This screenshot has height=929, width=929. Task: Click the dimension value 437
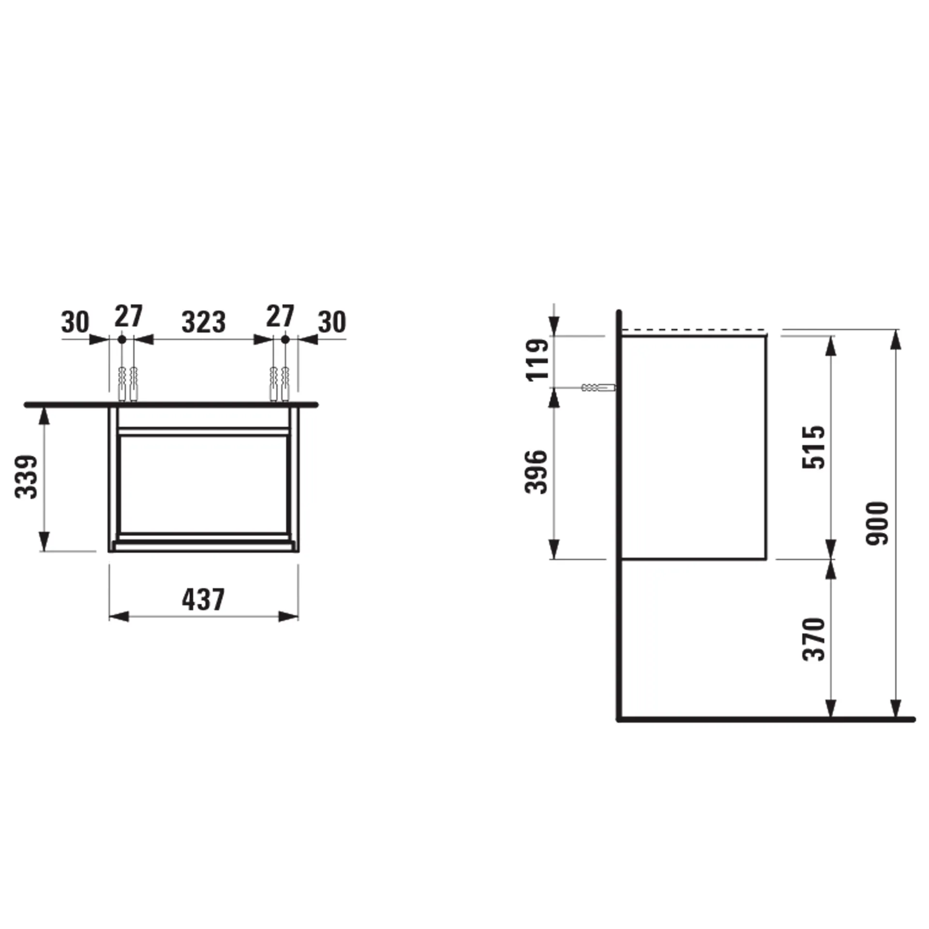(x=203, y=599)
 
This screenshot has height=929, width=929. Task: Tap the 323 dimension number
(x=203, y=322)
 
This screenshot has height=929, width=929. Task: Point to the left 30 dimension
(x=75, y=322)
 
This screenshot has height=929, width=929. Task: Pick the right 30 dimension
(x=332, y=322)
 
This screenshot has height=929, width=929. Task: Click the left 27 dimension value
(x=128, y=316)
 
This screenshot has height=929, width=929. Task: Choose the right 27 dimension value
(x=280, y=316)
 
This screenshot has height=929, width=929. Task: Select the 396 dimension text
(x=536, y=472)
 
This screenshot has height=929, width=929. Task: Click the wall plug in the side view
(x=598, y=388)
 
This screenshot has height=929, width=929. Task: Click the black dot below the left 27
(x=122, y=340)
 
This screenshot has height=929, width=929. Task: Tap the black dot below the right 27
(x=285, y=340)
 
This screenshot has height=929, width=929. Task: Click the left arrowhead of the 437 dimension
(x=119, y=616)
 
